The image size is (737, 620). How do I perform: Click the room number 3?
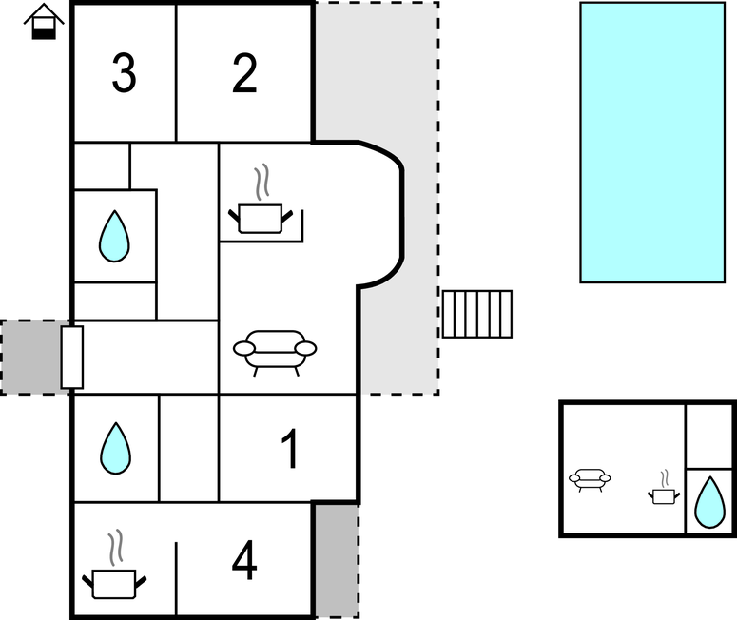coord(123,74)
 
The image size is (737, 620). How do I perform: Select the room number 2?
coord(244,74)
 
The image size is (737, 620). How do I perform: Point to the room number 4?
coord(244,561)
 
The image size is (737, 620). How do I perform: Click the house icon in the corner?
coord(43,21)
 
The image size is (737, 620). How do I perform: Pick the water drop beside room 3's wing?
coord(114,236)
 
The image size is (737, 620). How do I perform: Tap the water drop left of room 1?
coord(115,448)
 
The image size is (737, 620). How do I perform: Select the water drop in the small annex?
coord(708,502)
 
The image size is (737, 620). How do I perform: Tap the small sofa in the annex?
coord(590,479)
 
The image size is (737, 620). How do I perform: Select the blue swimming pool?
coord(652,142)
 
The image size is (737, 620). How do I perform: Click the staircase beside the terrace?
coord(476,314)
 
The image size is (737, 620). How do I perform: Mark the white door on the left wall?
coord(72,357)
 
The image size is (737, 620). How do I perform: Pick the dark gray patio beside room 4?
coord(336,560)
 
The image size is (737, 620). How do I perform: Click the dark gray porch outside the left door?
coord(30,357)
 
